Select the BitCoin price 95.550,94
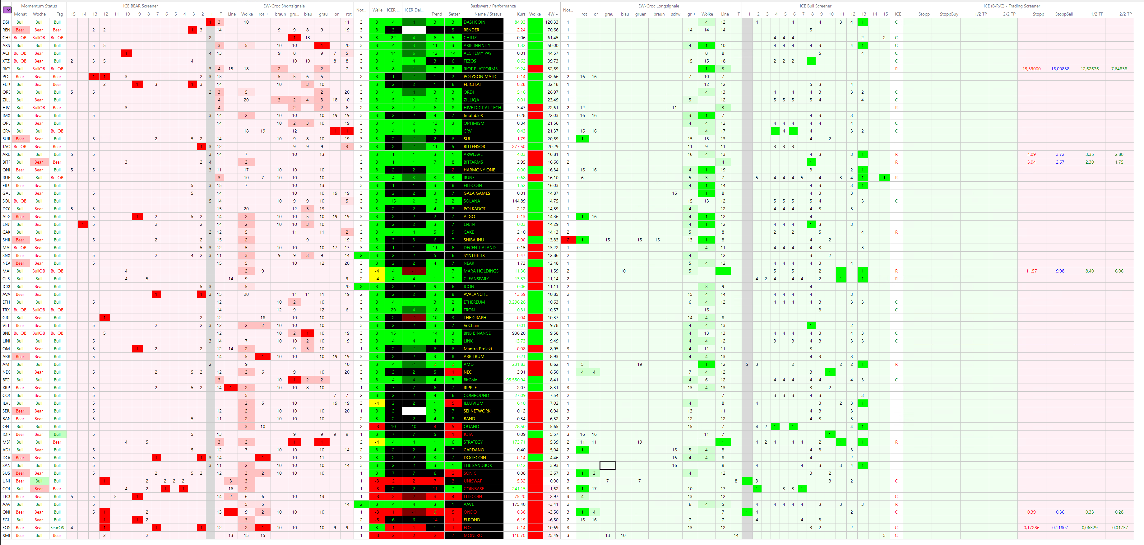click(x=516, y=380)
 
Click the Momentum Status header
click(x=39, y=6)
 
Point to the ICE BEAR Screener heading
click(x=140, y=6)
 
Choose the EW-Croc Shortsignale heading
click(x=284, y=6)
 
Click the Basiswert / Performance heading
click(x=493, y=6)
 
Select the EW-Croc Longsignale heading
click(x=659, y=6)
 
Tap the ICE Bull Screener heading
click(x=815, y=6)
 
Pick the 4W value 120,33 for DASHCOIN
click(x=552, y=22)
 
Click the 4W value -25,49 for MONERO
click(x=552, y=535)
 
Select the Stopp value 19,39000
click(x=1031, y=69)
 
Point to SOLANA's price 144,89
click(x=518, y=201)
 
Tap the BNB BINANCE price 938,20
click(x=518, y=333)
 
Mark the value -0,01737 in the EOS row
click(x=1118, y=528)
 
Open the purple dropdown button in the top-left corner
click(x=7, y=10)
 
